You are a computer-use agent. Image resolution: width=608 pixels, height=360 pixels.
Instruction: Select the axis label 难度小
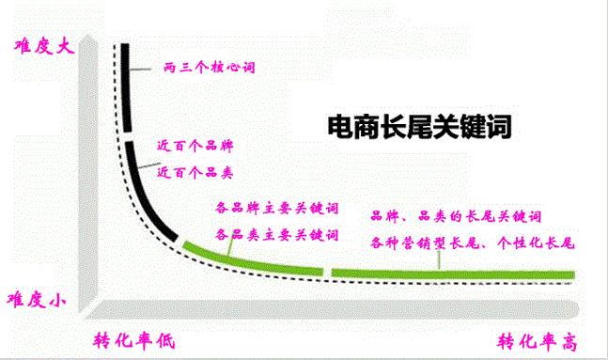tap(36, 300)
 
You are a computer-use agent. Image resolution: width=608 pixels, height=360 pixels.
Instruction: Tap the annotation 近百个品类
tap(195, 173)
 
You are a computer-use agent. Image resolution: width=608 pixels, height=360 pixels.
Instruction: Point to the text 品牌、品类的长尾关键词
tap(456, 215)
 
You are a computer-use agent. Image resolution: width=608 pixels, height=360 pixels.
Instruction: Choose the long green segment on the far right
tap(451, 274)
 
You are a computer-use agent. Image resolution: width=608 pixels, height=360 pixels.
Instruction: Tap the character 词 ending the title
tap(497, 127)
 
